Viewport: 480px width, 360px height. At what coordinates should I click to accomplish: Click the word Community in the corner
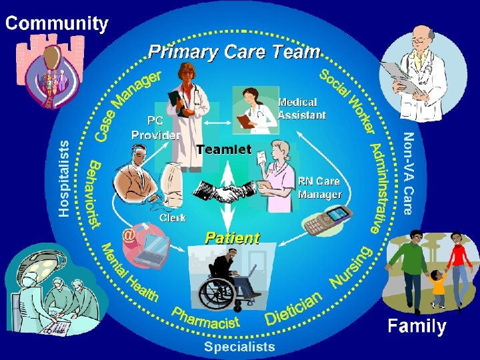[57, 24]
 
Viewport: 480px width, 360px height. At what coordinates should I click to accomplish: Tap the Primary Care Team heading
[234, 51]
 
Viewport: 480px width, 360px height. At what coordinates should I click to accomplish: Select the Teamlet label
[223, 150]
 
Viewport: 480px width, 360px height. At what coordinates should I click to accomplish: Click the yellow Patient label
[232, 238]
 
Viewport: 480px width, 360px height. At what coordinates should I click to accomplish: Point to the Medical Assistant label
[301, 109]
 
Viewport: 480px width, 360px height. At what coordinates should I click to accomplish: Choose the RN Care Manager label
[319, 188]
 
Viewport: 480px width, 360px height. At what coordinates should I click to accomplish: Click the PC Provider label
[155, 129]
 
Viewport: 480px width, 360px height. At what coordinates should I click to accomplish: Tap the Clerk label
[172, 217]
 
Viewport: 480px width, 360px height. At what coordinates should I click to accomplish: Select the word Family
[417, 326]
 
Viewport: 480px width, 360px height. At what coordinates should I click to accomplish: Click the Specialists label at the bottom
[239, 346]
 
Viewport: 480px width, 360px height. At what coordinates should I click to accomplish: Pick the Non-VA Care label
[408, 173]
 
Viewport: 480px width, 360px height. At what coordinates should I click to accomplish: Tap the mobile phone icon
[327, 221]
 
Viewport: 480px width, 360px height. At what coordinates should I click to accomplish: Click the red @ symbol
[129, 235]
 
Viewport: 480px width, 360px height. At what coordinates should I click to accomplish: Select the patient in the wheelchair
[230, 280]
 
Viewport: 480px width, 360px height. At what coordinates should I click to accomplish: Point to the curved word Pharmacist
[205, 318]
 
